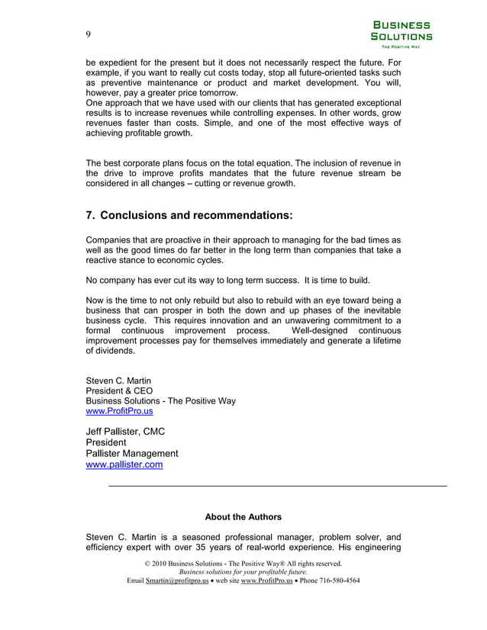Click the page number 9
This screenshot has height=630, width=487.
89,34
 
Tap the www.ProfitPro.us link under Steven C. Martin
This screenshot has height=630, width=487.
119,411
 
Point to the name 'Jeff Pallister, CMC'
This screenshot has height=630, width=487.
125,432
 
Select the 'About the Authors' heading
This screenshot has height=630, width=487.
243,516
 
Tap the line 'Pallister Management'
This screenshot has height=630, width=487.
132,453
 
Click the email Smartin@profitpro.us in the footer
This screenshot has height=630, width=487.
176,580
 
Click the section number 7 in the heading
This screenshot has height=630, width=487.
89,216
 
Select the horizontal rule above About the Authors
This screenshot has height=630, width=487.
277,486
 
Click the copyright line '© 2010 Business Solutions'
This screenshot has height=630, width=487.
243,564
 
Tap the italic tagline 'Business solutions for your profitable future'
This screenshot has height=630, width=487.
243,572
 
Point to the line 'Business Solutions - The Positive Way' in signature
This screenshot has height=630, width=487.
160,400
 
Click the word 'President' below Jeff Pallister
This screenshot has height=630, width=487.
106,442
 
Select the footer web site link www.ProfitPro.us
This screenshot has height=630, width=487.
266,580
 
